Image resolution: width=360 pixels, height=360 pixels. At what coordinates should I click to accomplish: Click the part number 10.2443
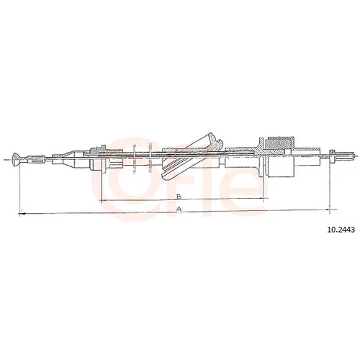pyautogui.click(x=341, y=230)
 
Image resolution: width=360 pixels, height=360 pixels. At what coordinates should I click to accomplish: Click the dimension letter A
pyautogui.click(x=179, y=209)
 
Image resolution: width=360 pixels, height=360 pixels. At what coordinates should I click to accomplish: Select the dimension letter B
pyautogui.click(x=179, y=197)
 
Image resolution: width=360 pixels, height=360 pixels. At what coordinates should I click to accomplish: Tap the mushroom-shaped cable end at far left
pyautogui.click(x=15, y=159)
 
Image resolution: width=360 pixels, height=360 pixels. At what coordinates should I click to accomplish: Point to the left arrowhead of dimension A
pyautogui.click(x=22, y=213)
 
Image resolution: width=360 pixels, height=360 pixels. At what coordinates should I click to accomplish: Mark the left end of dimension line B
pyautogui.click(x=102, y=200)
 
